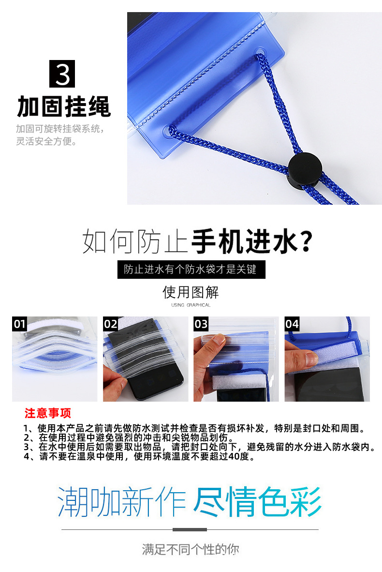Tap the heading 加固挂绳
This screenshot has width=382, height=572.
[x=64, y=106]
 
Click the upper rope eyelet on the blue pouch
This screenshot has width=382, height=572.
[x=260, y=53]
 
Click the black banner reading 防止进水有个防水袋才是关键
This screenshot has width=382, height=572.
[x=191, y=270]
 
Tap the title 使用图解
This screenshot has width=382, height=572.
[x=191, y=292]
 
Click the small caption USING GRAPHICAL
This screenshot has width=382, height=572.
[x=191, y=305]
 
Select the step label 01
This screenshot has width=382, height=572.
[x=19, y=324]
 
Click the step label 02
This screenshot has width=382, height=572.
[x=110, y=324]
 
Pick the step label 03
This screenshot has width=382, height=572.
[x=201, y=324]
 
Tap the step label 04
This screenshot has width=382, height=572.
[x=292, y=324]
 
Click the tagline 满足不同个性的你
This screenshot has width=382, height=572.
[x=191, y=549]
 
